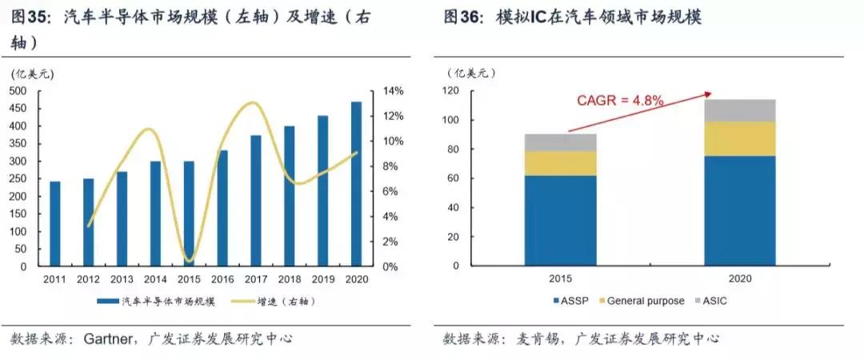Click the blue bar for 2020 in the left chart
[357, 184]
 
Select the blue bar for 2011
[55, 224]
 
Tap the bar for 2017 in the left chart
[256, 201]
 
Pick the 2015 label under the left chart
[189, 278]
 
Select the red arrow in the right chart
[640, 112]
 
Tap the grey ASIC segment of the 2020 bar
[739, 110]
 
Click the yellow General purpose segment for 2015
[560, 163]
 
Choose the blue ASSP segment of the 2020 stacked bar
[739, 210]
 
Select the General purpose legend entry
[639, 301]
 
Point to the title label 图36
[461, 18]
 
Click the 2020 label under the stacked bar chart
[739, 278]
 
